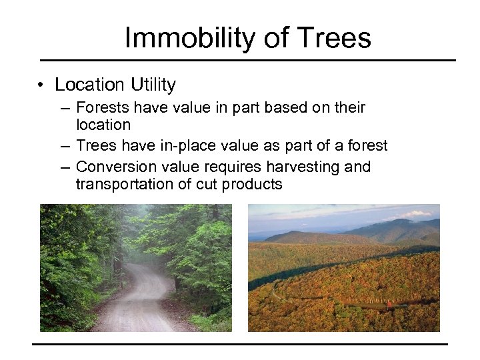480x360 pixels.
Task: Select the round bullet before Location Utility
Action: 41,85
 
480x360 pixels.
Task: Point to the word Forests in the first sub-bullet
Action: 101,107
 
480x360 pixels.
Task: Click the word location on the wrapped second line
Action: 103,125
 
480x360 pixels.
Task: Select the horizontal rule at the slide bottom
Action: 240,344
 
